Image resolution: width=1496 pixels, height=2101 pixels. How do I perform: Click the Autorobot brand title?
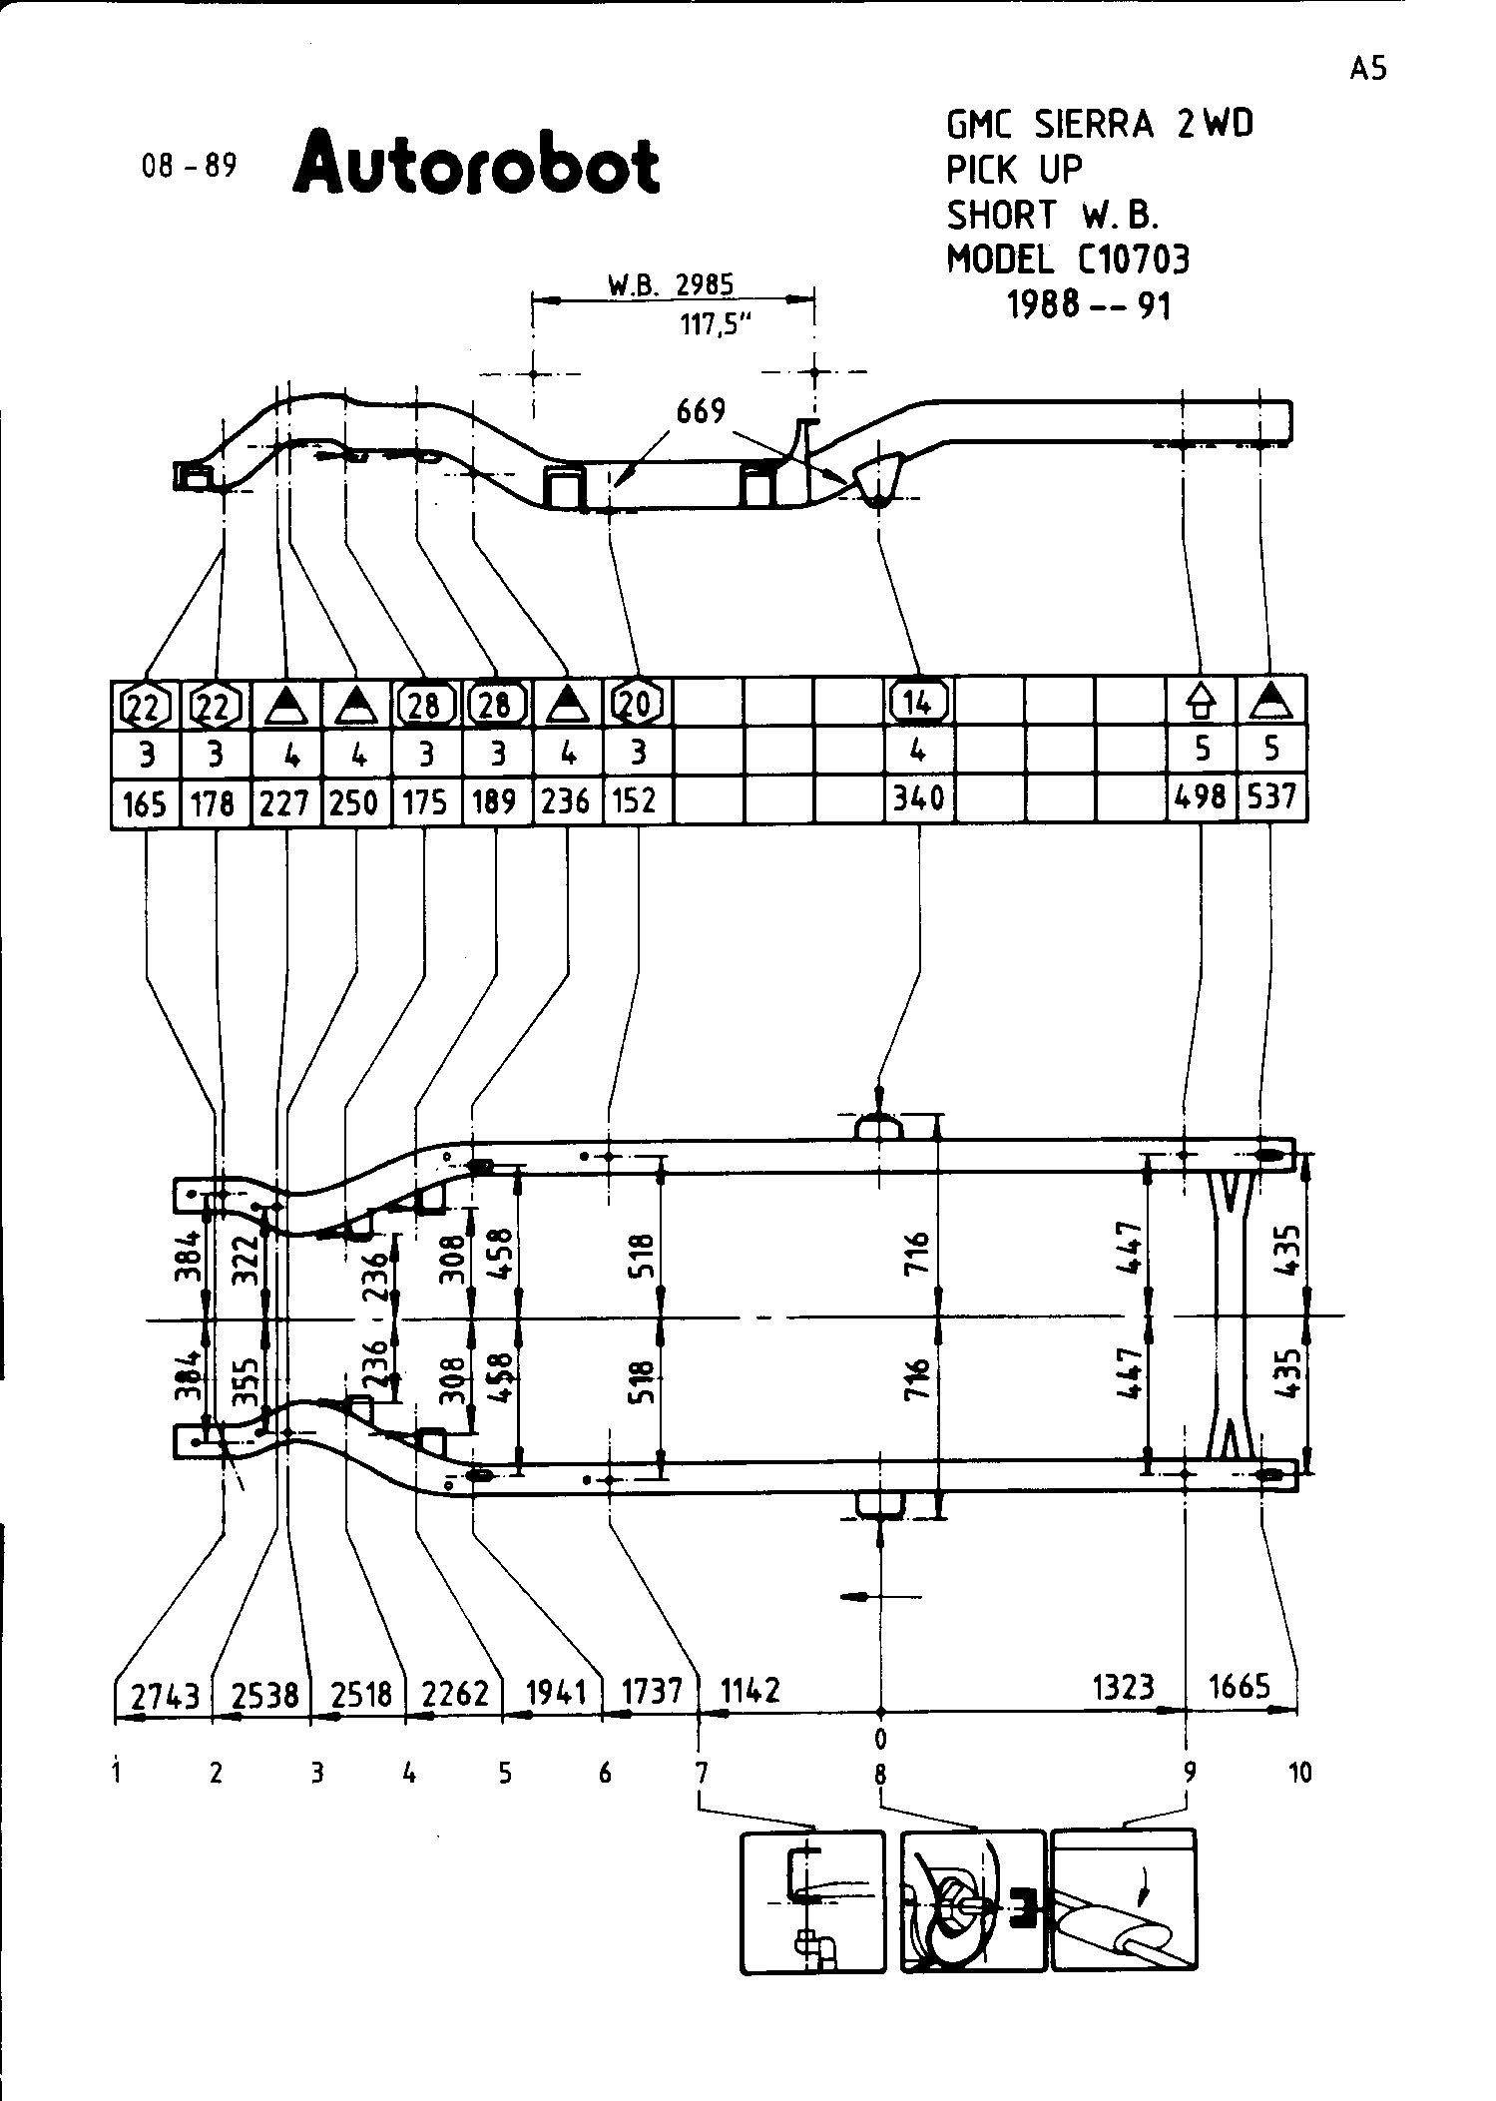point(476,162)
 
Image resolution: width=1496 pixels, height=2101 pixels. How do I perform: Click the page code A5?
point(1368,68)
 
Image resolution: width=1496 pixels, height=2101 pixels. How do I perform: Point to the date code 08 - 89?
point(190,165)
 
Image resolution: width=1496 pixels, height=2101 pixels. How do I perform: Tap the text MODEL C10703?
point(1068,260)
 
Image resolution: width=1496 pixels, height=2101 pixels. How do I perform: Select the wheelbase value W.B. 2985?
point(671,284)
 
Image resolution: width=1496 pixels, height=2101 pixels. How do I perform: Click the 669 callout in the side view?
point(701,410)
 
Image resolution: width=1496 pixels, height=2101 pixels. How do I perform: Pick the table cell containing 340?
point(918,798)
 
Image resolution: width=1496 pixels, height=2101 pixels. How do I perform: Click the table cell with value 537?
point(1271,796)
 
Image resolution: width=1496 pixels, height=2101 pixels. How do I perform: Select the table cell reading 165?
point(145,801)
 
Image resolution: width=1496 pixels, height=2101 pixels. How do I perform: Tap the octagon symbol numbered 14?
point(918,703)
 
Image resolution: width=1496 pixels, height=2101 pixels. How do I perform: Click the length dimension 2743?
point(164,1694)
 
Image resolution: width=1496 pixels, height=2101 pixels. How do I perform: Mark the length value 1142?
point(749,1690)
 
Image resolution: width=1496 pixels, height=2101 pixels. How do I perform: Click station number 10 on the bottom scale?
point(1300,1773)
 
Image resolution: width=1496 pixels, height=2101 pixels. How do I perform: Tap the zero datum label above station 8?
point(880,1740)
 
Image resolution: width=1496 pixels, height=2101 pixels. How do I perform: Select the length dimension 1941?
point(556,1692)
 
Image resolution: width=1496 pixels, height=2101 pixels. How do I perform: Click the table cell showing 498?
point(1201,796)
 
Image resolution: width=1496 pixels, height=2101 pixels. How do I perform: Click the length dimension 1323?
point(1124,1687)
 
